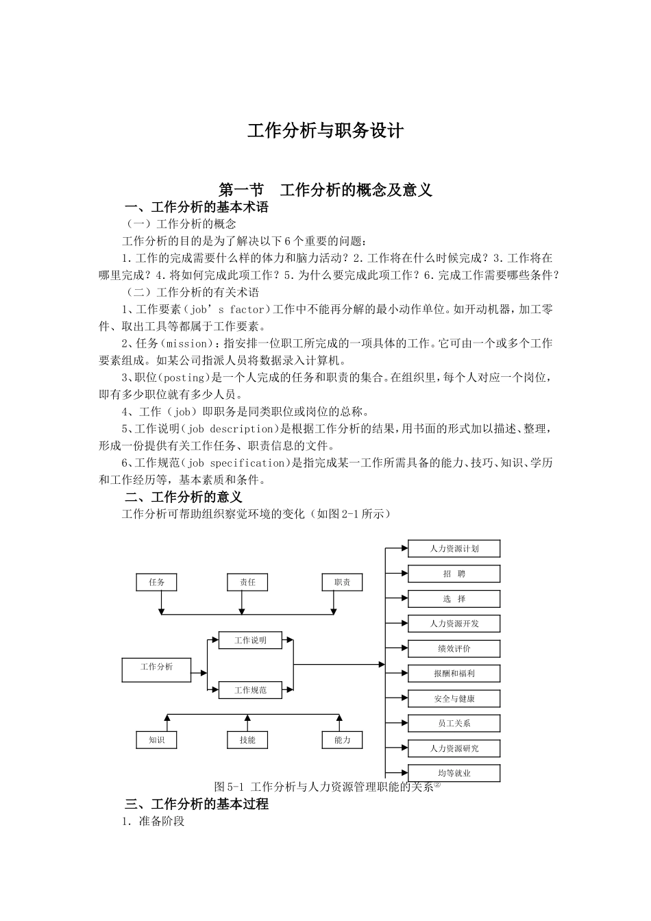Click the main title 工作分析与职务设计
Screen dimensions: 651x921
click(325, 131)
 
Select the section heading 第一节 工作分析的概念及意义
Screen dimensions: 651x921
click(325, 190)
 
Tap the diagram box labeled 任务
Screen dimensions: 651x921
click(157, 582)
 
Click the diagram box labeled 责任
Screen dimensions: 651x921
click(247, 582)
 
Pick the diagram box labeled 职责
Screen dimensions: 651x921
click(342, 582)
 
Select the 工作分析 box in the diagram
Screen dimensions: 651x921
click(157, 667)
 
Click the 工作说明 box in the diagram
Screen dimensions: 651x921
click(250, 641)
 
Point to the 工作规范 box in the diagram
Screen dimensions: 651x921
click(250, 690)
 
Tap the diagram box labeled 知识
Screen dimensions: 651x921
click(157, 740)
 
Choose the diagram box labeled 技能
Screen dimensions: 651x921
click(247, 740)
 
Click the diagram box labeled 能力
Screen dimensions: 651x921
click(342, 740)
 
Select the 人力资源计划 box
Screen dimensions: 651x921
click(454, 549)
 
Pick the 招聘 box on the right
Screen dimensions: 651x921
click(454, 574)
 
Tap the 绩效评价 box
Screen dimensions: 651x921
click(454, 648)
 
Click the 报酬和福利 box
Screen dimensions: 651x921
click(454, 674)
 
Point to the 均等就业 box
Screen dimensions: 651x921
click(454, 773)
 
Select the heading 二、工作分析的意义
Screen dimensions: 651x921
click(184, 498)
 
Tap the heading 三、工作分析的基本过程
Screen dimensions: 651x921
click(197, 804)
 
